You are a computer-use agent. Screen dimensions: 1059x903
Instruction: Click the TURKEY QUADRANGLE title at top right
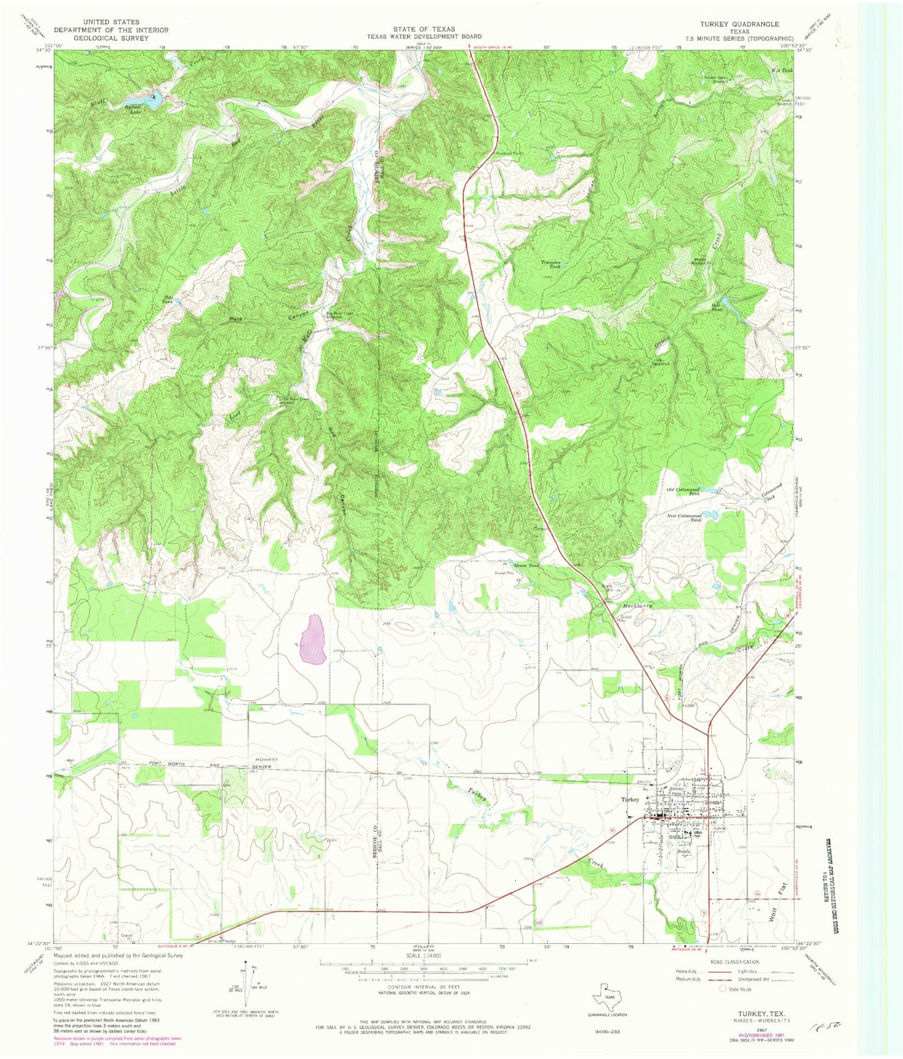point(734,24)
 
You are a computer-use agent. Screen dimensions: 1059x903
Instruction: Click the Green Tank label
point(525,565)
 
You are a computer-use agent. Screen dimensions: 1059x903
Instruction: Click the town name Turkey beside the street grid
point(629,800)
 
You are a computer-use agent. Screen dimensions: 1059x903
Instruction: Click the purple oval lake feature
point(312,640)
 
